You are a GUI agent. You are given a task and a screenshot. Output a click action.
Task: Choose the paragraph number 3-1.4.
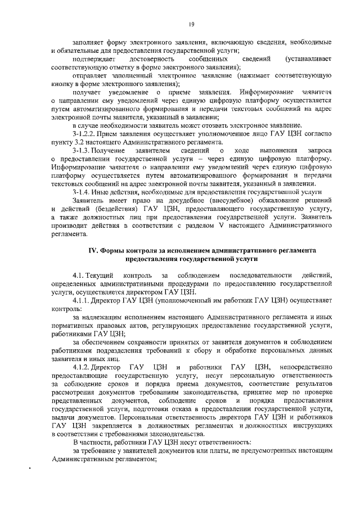pyautogui.click(x=83, y=192)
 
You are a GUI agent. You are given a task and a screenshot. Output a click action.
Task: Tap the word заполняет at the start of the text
pyautogui.click(x=88, y=43)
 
